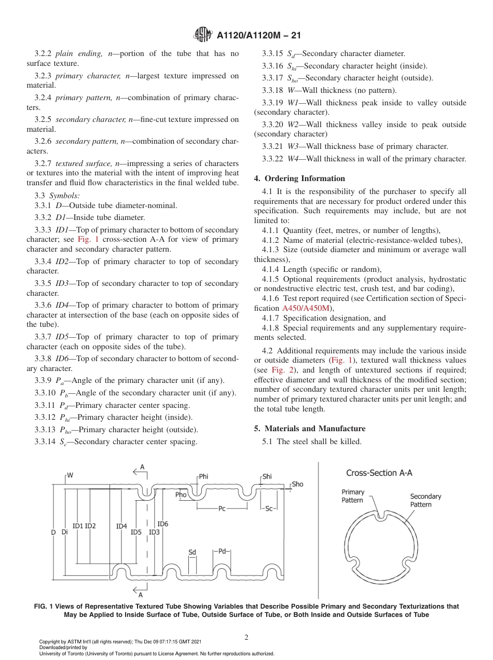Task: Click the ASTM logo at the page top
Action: tap(202, 35)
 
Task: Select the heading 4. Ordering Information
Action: tap(299, 178)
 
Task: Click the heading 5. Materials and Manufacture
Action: tap(309, 429)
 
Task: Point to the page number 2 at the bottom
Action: tap(246, 637)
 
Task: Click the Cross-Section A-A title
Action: tap(379, 473)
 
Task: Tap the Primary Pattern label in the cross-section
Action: tap(353, 496)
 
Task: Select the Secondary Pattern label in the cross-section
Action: tap(426, 500)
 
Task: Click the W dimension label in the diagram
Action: tap(70, 475)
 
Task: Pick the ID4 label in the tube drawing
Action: tap(121, 526)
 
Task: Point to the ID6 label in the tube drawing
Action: tap(162, 524)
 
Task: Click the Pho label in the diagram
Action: tap(181, 494)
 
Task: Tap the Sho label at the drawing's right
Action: tap(297, 484)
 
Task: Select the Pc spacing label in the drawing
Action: tap(222, 508)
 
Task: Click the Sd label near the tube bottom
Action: tap(192, 552)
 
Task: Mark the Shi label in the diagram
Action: tap(267, 476)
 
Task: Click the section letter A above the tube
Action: tap(142, 467)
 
